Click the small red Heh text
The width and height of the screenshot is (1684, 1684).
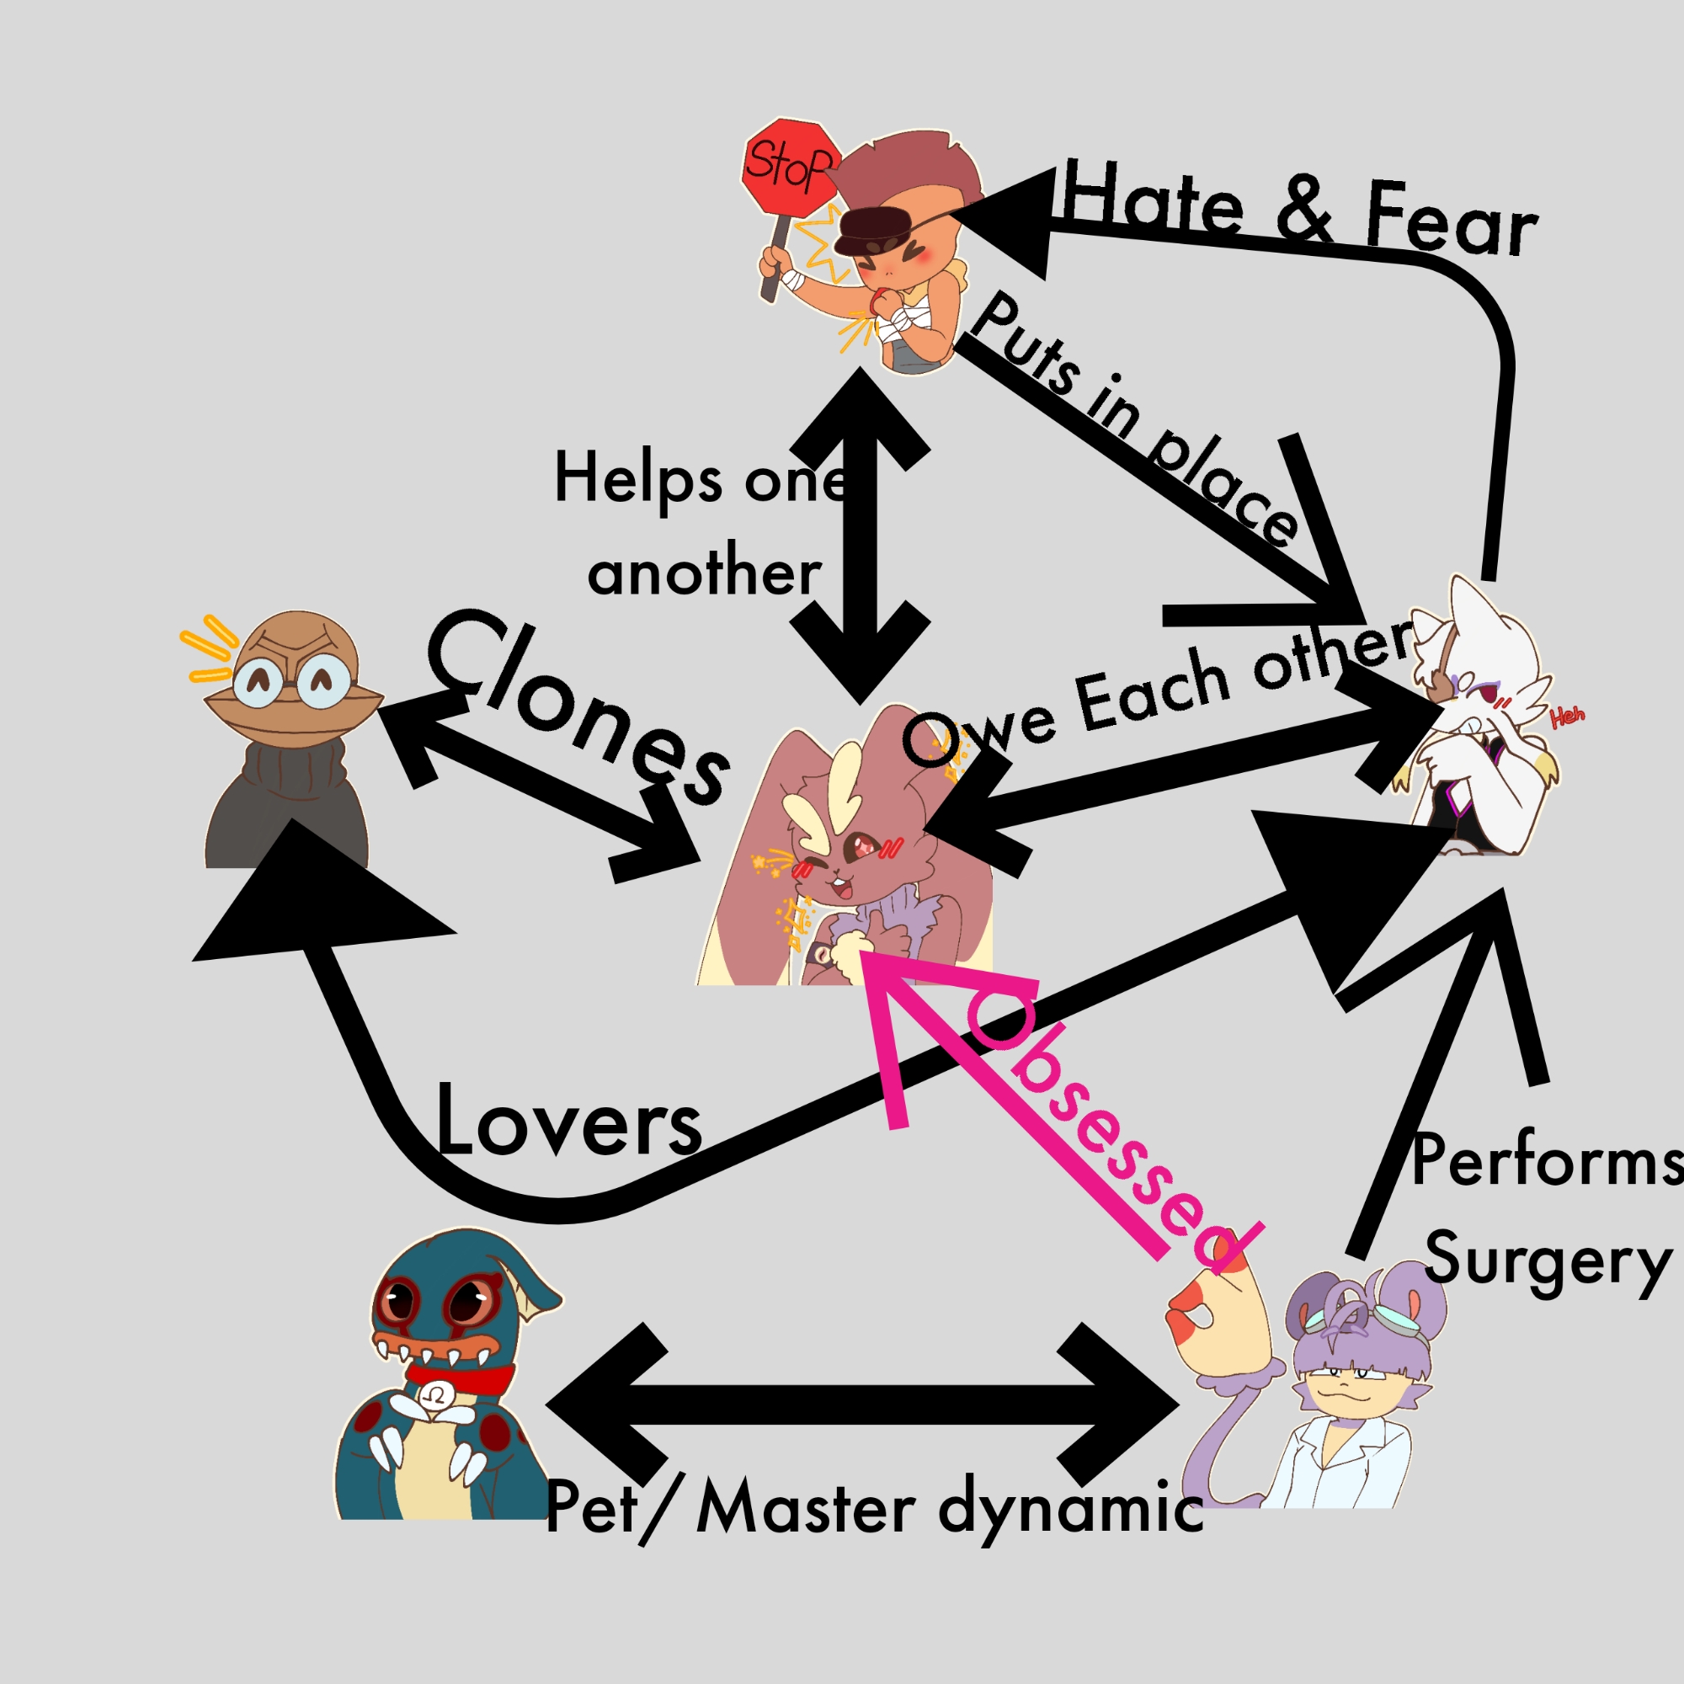(1567, 717)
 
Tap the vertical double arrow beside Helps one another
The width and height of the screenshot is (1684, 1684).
(861, 536)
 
